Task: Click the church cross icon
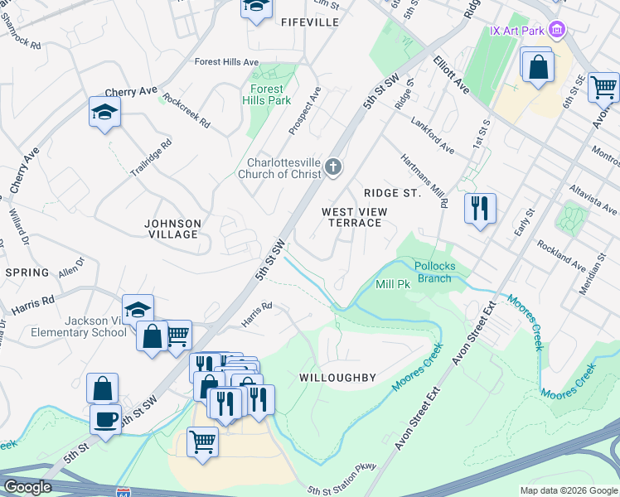333,168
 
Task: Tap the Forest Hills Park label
266,94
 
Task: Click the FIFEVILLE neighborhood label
310,22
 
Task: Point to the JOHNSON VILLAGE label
172,229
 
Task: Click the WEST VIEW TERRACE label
352,217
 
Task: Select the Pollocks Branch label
434,272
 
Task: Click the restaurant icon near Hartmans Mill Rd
479,209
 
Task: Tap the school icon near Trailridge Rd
105,113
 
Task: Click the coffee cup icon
105,418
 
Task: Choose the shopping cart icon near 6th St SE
603,85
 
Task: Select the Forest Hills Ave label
226,62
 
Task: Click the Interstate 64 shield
124,492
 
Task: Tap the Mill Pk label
393,284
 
